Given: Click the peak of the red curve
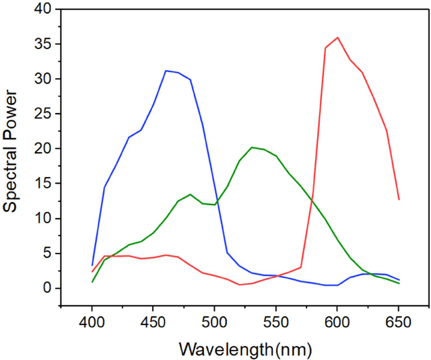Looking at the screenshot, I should pos(337,38).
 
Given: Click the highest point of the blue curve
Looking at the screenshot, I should pos(166,71).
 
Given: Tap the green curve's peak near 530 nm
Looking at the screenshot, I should pos(252,147).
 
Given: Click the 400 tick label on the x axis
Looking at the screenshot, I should pos(92,323).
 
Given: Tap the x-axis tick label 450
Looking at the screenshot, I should pos(154,323).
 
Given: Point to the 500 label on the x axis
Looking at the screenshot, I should pos(215,323).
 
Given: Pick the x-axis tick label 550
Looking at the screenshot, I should pos(276,323).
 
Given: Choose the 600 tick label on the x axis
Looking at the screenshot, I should pos(337,323).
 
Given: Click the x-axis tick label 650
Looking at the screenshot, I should pos(399,323).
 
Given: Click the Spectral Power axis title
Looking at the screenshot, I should pos(11,151).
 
